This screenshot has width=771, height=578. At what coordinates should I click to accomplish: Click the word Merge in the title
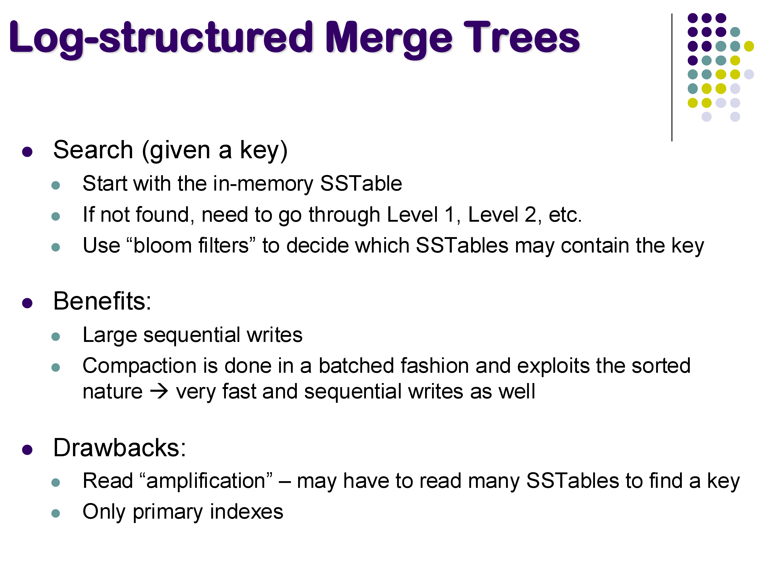[x=389, y=38]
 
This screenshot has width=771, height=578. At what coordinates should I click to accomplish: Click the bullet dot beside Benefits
[x=27, y=303]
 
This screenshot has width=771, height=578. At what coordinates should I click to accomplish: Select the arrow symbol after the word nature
[x=159, y=391]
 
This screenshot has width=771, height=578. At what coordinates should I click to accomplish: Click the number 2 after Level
[x=530, y=215]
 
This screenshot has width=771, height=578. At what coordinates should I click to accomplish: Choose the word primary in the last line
[x=168, y=512]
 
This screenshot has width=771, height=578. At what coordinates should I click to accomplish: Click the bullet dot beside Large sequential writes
[x=56, y=336]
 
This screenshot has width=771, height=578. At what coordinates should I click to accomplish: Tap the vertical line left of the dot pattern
[x=672, y=77]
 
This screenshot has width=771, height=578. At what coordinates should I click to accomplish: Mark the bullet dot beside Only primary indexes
[x=56, y=513]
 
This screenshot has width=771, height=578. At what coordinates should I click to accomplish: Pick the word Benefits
[x=102, y=301]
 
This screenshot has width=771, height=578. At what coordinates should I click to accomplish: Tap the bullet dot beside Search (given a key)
[x=27, y=152]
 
